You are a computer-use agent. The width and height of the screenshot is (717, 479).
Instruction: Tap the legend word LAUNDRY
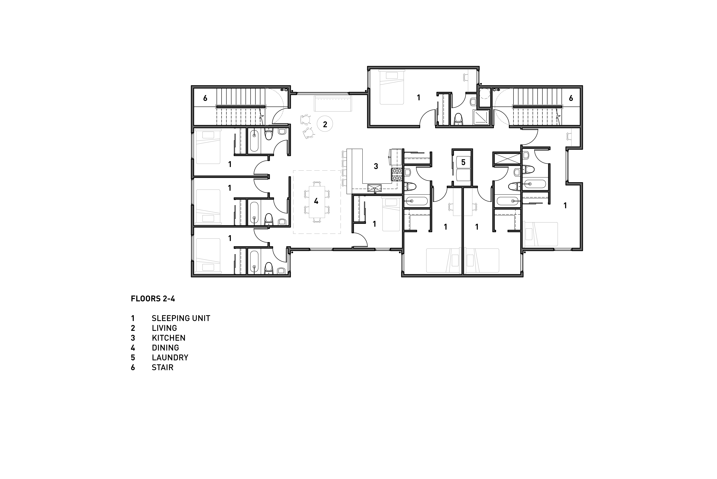coord(170,357)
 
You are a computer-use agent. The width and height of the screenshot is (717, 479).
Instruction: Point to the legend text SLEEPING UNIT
coord(181,318)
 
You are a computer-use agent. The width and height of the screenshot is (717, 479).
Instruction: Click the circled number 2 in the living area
coord(325,124)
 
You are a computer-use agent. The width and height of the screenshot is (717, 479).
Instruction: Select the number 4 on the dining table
coord(316,201)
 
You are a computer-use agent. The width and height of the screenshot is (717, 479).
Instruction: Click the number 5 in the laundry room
coord(463,162)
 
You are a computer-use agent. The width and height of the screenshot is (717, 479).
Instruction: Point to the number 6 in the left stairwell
coord(205,98)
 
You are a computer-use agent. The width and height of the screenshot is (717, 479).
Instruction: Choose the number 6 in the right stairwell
coord(571,98)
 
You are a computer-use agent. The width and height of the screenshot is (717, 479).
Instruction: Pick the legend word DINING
coord(165,348)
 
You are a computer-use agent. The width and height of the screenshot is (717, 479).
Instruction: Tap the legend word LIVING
coord(164,328)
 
